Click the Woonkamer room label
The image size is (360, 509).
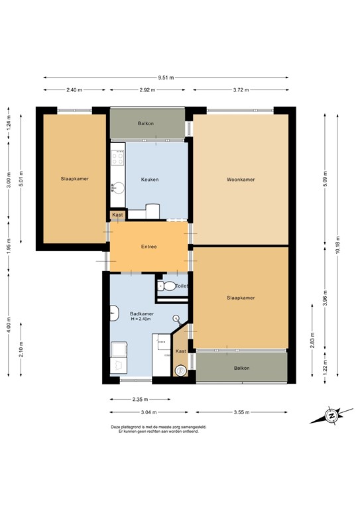[240, 180]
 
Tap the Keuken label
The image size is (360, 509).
[150, 180]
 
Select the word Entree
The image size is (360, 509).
[149, 247]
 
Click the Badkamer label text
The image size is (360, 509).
[142, 313]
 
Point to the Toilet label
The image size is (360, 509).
[182, 286]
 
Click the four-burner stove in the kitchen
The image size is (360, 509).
[118, 160]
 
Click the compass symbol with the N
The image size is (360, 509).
[330, 416]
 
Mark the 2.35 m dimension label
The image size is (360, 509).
[140, 400]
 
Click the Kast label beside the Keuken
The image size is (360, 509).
[117, 215]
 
